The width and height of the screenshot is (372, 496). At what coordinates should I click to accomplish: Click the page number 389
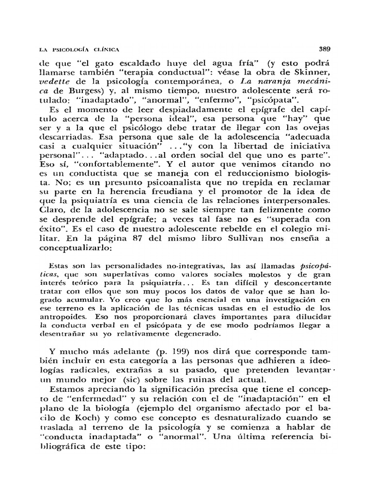324,48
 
